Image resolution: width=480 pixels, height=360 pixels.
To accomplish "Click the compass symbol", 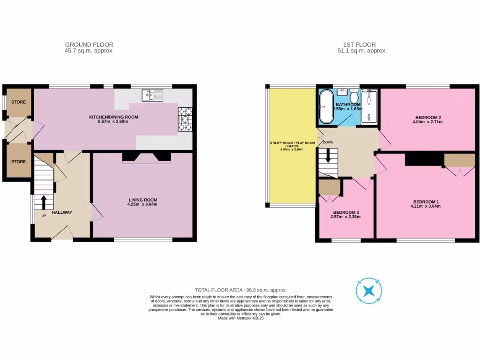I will (369, 290).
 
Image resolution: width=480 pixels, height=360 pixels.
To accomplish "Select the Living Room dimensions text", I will (142, 204).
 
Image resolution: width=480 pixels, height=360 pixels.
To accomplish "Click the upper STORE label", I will (18, 102).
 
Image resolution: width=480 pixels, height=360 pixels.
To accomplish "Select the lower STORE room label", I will (18, 162).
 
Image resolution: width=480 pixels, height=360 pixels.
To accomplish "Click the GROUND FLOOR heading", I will (89, 45).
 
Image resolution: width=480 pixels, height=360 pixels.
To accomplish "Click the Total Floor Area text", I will (240, 290).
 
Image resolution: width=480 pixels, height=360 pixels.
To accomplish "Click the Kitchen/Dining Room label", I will (114, 117).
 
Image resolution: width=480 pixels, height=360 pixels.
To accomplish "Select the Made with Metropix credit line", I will (241, 318).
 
